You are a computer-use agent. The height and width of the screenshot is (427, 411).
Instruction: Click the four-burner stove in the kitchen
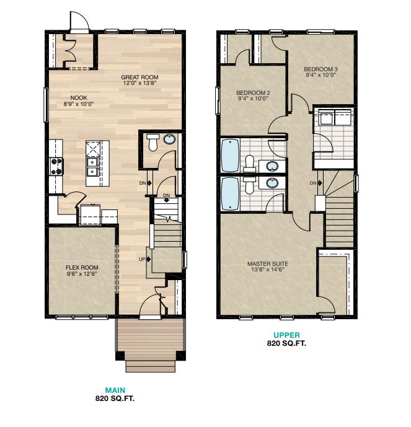[x=56, y=165]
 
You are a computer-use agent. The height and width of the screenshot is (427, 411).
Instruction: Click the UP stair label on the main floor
[x=142, y=259]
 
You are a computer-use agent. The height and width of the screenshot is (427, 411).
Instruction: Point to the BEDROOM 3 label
[x=320, y=69]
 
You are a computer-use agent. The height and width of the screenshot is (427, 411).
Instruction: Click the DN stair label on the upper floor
[x=314, y=183]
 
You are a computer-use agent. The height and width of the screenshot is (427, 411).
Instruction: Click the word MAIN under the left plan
[x=115, y=390]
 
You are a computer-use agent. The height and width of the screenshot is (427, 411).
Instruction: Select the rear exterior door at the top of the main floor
[x=79, y=24]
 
